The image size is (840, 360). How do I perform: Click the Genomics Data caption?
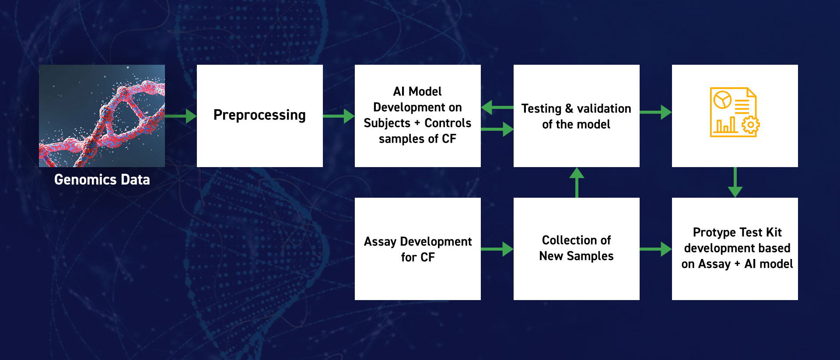pyautogui.click(x=102, y=180)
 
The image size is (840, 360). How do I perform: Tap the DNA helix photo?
pyautogui.click(x=102, y=116)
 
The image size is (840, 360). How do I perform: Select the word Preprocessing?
pyautogui.click(x=259, y=115)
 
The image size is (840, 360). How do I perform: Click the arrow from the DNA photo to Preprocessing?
pyautogui.click(x=181, y=116)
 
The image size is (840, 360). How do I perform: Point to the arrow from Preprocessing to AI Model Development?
pyautogui.click(x=339, y=116)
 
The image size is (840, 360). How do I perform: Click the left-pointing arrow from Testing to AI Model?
pyautogui.click(x=497, y=107)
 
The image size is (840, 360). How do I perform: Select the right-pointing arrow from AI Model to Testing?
pyautogui.click(x=497, y=129)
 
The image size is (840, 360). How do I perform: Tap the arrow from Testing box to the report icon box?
pyautogui.click(x=655, y=112)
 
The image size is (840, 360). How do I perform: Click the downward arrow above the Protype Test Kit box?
pyautogui.click(x=735, y=182)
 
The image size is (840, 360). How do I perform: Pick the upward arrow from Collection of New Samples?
pyautogui.click(x=577, y=182)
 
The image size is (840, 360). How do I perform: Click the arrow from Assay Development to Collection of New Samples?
pyautogui.click(x=497, y=249)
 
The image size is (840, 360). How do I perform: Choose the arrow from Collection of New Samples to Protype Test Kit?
pyautogui.click(x=655, y=249)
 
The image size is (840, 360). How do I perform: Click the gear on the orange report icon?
pyautogui.click(x=751, y=125)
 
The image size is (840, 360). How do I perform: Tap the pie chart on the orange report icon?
pyautogui.click(x=722, y=100)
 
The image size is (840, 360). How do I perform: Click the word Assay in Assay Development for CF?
pyautogui.click(x=380, y=242)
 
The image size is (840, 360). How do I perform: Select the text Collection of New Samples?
pyautogui.click(x=577, y=248)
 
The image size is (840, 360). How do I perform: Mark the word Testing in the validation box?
pyautogui.click(x=541, y=109)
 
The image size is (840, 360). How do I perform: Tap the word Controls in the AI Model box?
pyautogui.click(x=448, y=123)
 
